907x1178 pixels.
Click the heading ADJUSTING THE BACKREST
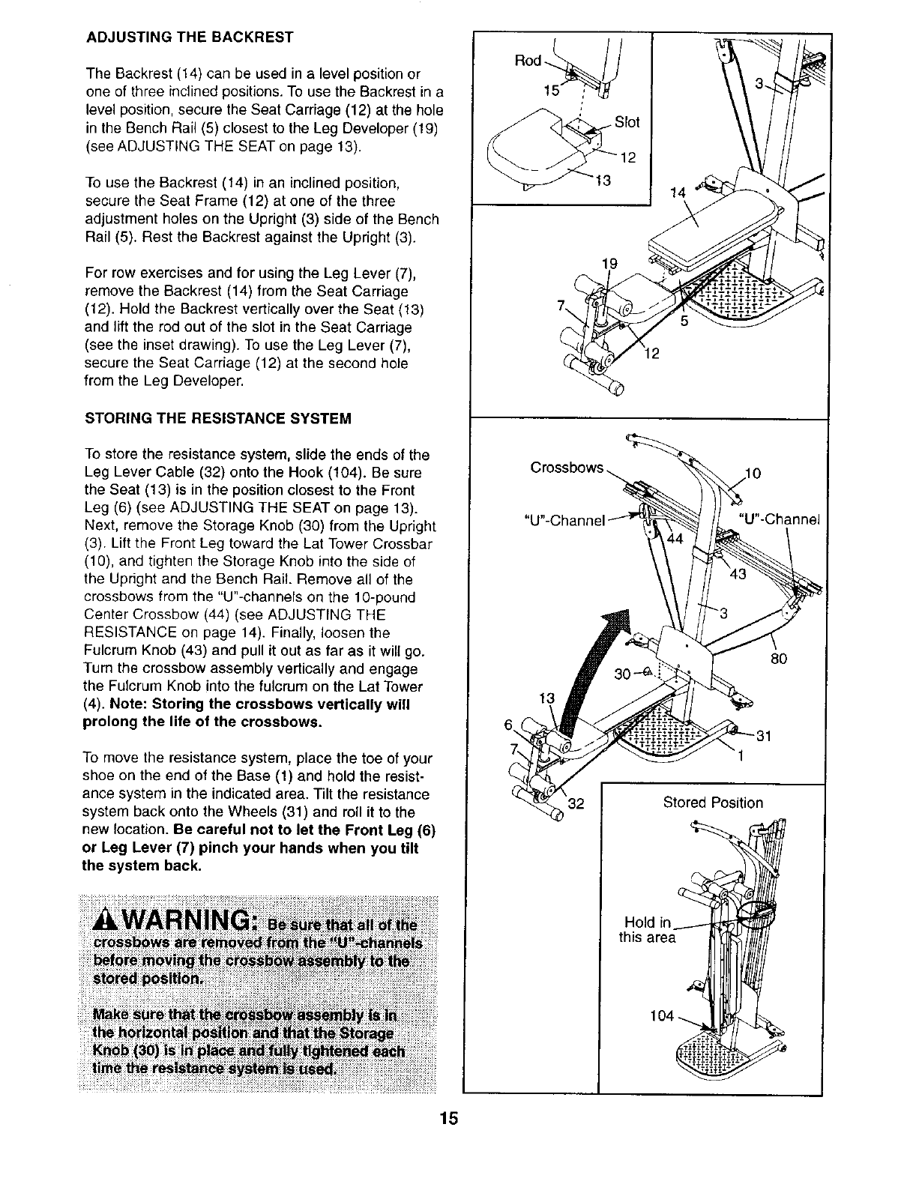[189, 37]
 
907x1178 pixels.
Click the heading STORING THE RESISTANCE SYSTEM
[219, 417]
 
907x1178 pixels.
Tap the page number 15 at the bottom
[448, 1120]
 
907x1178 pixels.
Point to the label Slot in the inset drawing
[627, 122]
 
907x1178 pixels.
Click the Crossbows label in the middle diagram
[567, 468]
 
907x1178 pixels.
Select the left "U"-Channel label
[566, 519]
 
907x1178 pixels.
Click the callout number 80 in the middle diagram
[780, 659]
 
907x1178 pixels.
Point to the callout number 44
[675, 540]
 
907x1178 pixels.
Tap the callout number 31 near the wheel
[763, 735]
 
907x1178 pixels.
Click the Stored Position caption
[713, 803]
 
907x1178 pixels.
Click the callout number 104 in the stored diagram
[662, 1017]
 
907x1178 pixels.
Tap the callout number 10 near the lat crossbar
[753, 474]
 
